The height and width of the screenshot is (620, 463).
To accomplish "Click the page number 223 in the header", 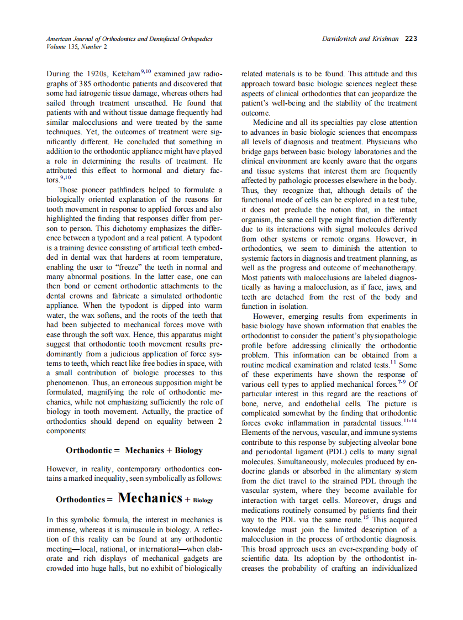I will pyautogui.click(x=411, y=39).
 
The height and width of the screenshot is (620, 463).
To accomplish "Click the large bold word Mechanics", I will pyautogui.click(x=150, y=498).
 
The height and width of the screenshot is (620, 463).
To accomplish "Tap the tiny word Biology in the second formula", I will pyautogui.click(x=203, y=500).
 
